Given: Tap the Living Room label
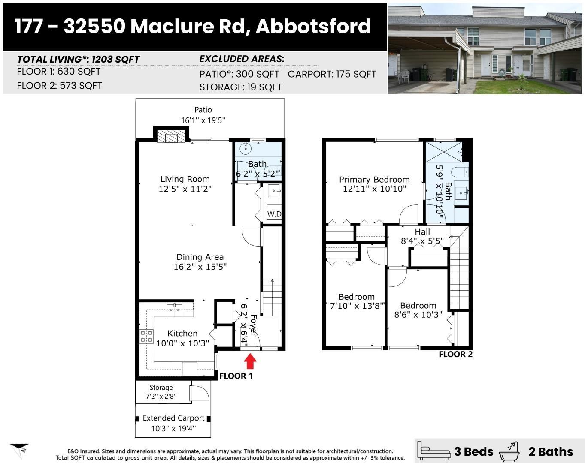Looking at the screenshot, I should [185, 179].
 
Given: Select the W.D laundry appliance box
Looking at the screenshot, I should [274, 213].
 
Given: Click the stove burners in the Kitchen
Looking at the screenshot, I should [146, 336].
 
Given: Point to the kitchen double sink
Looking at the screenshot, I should [175, 309].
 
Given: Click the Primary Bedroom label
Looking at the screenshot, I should [374, 180].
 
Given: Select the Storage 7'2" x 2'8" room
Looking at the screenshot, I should [161, 392].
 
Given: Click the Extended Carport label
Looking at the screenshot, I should [173, 418].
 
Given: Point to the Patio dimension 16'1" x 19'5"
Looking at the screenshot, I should [203, 120].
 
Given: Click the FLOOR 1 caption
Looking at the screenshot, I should [236, 376].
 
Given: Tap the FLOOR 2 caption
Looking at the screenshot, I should [455, 354].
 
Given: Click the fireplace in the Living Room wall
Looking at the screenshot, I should [170, 136].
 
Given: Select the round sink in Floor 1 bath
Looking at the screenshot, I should [246, 149].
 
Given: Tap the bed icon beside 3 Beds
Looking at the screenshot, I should [435, 451].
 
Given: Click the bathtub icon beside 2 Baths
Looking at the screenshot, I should [509, 451].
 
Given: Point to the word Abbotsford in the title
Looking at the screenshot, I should [313, 26].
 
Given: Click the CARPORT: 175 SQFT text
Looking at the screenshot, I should [332, 74].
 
